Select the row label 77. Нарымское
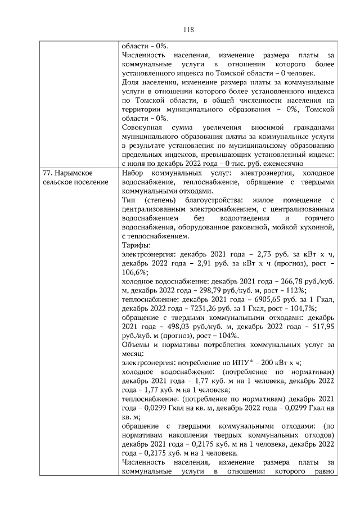tap(68, 173)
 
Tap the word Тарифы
tap(136, 245)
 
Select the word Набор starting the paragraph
tap(133, 173)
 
